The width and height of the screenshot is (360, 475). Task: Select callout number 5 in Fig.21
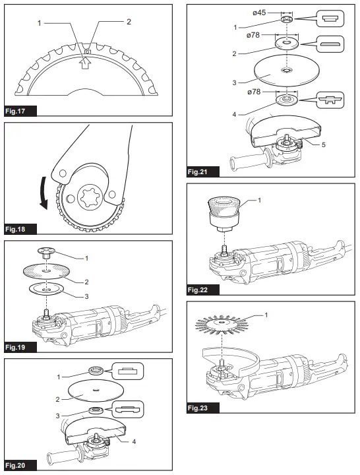pyautogui.click(x=322, y=143)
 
